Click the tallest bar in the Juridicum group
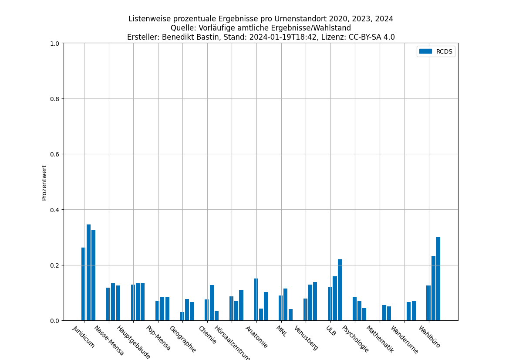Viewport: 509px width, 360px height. click(88, 272)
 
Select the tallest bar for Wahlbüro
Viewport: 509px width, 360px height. click(438, 279)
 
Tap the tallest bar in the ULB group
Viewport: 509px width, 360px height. click(340, 290)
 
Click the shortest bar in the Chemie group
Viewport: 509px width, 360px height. click(216, 316)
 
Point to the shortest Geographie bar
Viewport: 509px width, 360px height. click(182, 316)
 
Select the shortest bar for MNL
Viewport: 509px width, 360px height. click(290, 315)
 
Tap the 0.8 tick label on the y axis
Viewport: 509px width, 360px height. click(55, 98)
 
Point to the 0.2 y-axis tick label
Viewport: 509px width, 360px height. click(55, 265)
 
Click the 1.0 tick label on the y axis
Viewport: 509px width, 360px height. click(55, 43)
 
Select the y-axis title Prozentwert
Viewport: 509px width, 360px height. click(44, 182)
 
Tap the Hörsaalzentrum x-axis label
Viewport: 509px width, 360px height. click(233, 343)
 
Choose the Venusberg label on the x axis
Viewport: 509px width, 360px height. click(306, 338)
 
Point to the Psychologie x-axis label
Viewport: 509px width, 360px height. click(355, 339)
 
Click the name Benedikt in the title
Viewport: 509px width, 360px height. click(176, 37)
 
